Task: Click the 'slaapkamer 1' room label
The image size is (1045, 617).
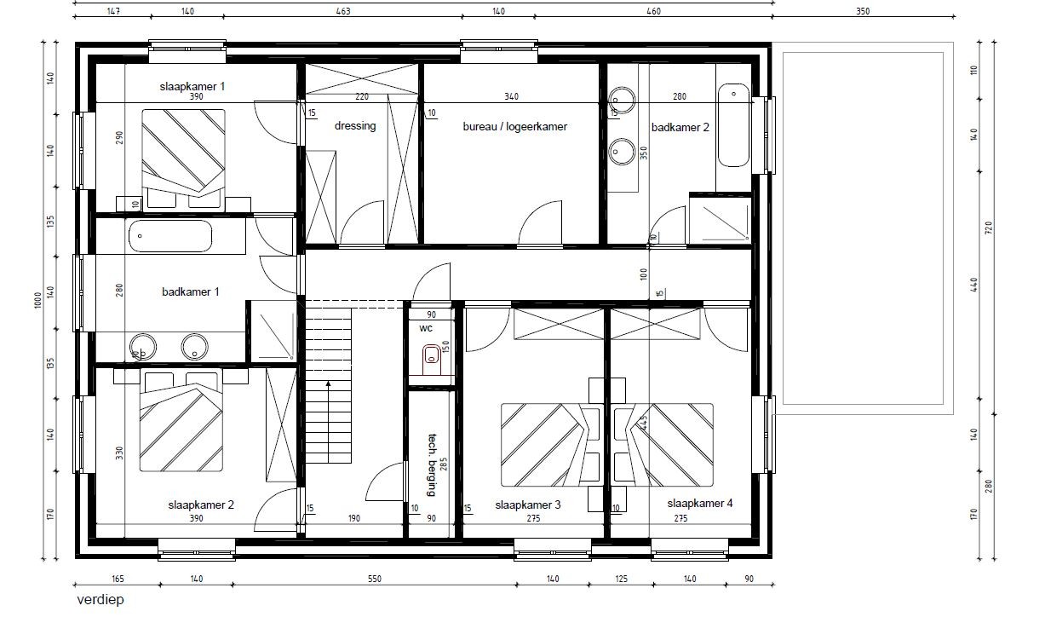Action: (192, 86)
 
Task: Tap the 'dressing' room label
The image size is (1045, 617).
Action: (355, 126)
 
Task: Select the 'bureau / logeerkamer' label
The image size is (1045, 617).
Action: (515, 126)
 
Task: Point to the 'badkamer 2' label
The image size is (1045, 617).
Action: (680, 127)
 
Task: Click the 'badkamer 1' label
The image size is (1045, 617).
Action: (190, 291)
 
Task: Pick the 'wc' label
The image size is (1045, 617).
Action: (426, 328)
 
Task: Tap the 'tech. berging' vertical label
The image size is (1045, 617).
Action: (432, 464)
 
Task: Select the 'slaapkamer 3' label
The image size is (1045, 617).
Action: (528, 505)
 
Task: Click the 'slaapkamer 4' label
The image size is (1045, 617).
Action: (700, 503)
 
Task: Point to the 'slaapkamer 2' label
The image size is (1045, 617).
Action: (201, 505)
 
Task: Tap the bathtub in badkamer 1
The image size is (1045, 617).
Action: (170, 236)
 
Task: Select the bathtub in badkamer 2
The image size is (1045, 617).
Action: (733, 125)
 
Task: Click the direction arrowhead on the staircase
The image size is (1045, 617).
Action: (329, 383)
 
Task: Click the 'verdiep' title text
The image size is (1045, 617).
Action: (100, 600)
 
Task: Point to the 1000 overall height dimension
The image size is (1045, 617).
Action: (38, 300)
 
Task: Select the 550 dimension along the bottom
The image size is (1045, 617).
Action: (375, 579)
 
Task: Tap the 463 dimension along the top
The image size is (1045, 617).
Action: (343, 11)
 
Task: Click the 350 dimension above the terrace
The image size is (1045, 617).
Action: (863, 11)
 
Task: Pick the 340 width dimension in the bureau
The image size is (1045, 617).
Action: (511, 96)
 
